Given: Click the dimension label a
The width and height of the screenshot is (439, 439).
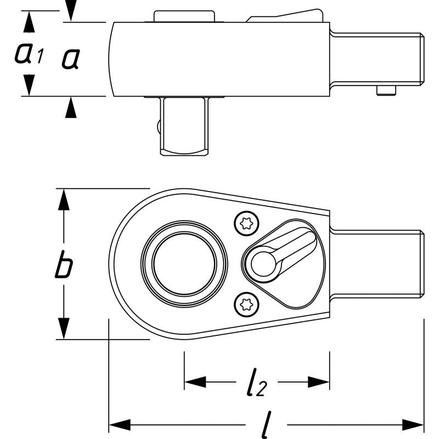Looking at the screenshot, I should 70,59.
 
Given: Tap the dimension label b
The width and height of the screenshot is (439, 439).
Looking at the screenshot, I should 64,267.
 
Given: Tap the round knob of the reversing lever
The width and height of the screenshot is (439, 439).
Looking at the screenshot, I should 263,264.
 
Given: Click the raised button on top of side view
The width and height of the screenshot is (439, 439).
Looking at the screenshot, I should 183,16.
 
